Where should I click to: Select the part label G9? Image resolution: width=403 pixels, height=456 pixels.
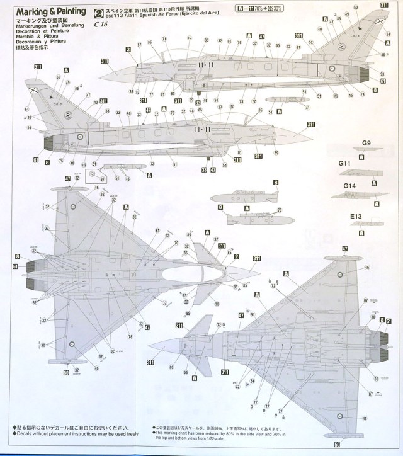366,144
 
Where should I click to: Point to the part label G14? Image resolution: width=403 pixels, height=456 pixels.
350,186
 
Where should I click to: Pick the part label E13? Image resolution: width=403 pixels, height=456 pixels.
356,215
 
